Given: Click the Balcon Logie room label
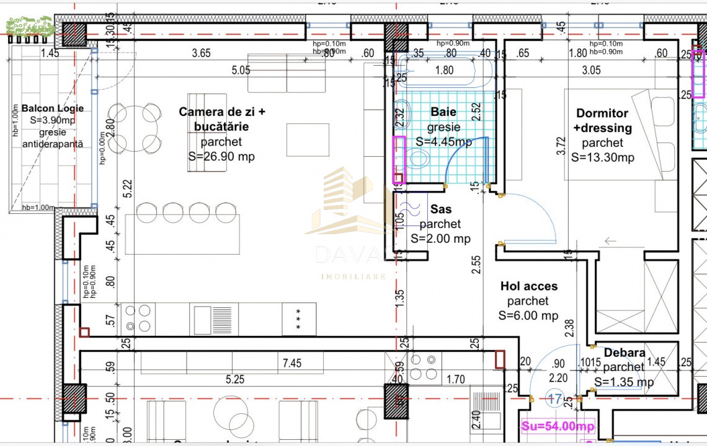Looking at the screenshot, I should [x=52, y=108].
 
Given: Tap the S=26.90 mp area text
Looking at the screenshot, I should [x=221, y=157].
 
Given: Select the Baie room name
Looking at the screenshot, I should [x=443, y=112].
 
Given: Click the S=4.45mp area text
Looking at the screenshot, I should [x=443, y=142].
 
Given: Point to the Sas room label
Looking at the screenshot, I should [x=440, y=209].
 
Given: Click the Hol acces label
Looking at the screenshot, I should [x=529, y=286].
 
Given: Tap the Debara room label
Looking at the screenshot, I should [x=624, y=352].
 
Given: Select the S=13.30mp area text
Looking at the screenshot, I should [x=602, y=157].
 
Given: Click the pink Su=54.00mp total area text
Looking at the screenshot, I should [x=556, y=427].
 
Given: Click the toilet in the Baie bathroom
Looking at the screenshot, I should [x=420, y=160].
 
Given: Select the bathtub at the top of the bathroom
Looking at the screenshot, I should [x=445, y=71].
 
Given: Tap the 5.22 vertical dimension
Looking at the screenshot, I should [x=128, y=189].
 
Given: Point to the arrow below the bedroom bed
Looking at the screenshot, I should [x=611, y=241].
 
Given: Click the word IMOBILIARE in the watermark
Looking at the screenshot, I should [x=353, y=276].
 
